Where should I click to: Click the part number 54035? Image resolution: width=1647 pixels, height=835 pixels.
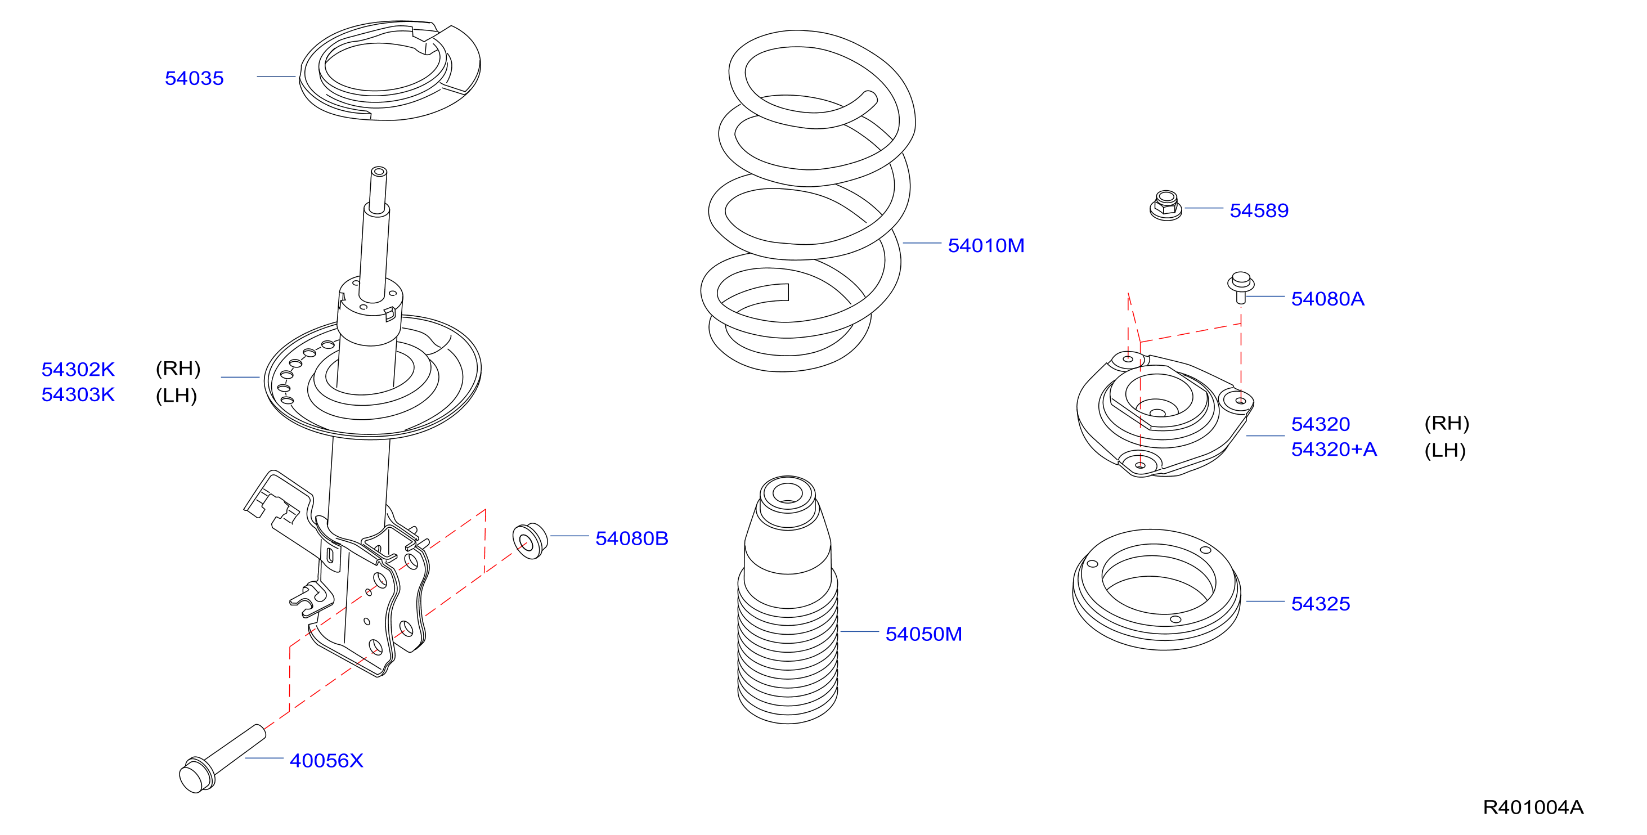point(194,78)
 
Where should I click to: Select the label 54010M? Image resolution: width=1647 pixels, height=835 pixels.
point(986,245)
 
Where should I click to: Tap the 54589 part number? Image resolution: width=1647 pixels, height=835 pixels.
point(1259,210)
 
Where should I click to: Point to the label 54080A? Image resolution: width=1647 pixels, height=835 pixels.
point(1327,299)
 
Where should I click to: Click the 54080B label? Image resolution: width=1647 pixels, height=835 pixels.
point(632,538)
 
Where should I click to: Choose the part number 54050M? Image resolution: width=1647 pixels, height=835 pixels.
point(923,634)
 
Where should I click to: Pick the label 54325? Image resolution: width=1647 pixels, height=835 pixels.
point(1320,604)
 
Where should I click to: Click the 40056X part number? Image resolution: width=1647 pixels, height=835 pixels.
point(326,761)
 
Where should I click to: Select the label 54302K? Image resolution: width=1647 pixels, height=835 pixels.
point(78,369)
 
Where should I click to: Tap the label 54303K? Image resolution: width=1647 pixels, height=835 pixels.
point(78,394)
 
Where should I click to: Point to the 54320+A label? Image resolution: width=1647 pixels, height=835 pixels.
point(1334,450)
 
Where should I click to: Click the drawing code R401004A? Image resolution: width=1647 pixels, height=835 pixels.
point(1533,807)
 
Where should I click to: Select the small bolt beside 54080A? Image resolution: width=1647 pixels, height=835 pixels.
point(1241,287)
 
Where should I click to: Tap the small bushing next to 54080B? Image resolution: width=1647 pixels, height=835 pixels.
point(530,541)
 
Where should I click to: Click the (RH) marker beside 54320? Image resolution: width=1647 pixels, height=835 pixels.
point(1447,423)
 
